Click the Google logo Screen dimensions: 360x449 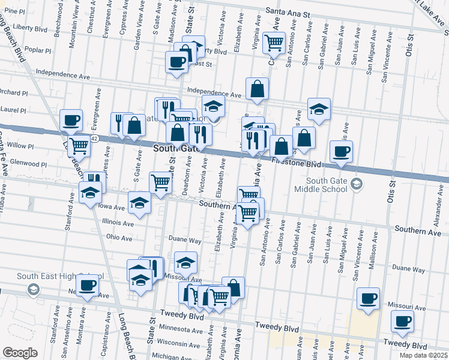click(x=20, y=353)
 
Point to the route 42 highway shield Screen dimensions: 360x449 click(x=94, y=138)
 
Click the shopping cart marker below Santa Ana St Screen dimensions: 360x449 click(x=274, y=43)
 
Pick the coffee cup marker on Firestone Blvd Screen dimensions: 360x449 click(x=341, y=152)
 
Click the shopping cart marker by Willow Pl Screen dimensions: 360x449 click(x=79, y=145)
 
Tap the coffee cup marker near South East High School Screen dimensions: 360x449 click(x=88, y=287)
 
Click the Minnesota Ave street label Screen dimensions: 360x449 click(x=181, y=330)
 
